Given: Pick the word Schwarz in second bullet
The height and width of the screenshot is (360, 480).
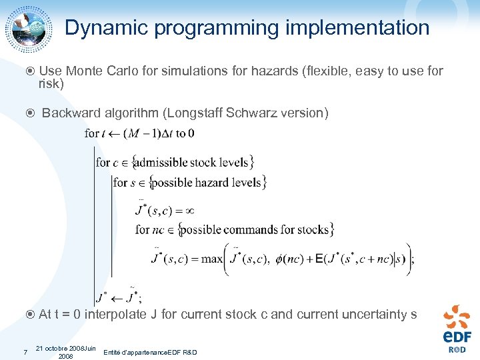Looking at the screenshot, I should pyautogui.click(x=249, y=113).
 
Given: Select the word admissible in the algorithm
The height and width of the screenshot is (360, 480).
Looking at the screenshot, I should pyautogui.click(x=161, y=162).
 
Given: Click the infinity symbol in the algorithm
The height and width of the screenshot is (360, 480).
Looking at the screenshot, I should pyautogui.click(x=189, y=210).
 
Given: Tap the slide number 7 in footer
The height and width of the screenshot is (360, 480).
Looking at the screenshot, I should pyautogui.click(x=25, y=352).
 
